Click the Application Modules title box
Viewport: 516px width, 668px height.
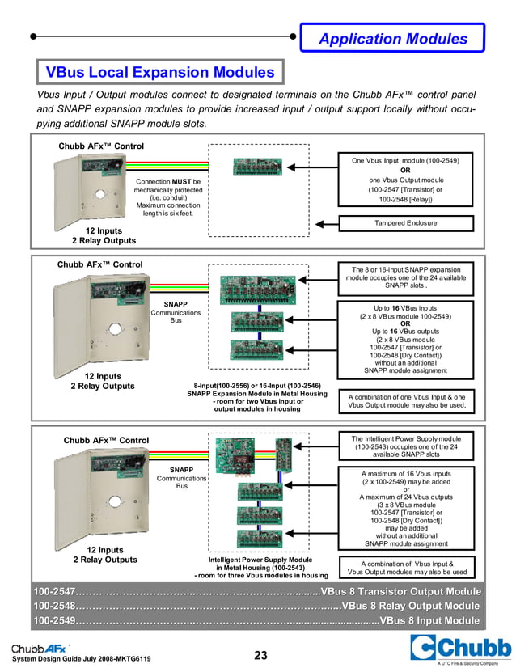(392, 38)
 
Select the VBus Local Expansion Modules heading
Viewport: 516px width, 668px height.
(159, 73)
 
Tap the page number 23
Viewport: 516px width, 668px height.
(260, 655)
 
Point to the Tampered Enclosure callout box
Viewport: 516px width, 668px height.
(406, 223)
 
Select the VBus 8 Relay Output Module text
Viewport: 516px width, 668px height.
(411, 606)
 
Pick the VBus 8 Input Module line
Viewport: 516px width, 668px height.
(429, 621)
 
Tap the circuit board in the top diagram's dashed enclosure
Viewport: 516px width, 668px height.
(256, 167)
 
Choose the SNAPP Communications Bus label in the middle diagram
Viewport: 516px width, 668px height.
(176, 312)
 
